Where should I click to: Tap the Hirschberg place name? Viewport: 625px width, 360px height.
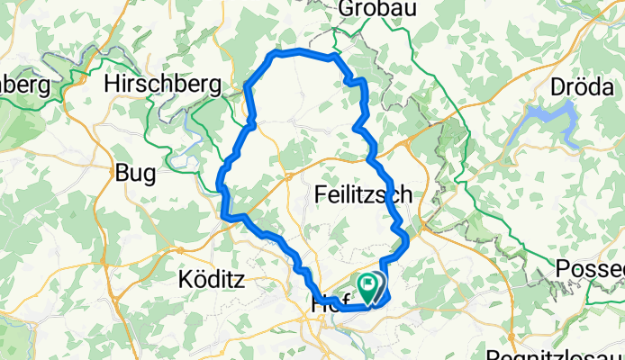point(163,84)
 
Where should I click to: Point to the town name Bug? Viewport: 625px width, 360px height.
point(135,173)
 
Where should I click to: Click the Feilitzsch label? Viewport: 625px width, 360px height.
point(365,193)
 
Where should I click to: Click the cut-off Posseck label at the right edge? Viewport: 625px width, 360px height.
point(590,269)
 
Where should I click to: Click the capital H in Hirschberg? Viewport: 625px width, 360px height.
point(113,84)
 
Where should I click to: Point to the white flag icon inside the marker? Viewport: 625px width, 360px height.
point(369,285)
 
